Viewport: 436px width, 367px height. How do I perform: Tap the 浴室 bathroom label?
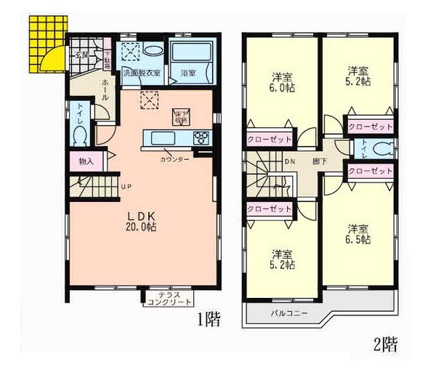click(188, 73)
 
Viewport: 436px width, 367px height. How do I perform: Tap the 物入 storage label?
click(86, 161)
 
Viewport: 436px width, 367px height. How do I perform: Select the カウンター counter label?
click(175, 159)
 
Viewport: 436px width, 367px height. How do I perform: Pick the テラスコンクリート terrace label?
click(169, 298)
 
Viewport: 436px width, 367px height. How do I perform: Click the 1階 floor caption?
click(208, 319)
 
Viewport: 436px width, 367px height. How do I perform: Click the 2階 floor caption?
click(387, 344)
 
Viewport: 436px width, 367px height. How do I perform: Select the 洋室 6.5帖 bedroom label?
click(358, 232)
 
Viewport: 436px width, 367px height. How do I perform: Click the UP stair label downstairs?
click(126, 186)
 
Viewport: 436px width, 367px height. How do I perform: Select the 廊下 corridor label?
click(319, 161)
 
